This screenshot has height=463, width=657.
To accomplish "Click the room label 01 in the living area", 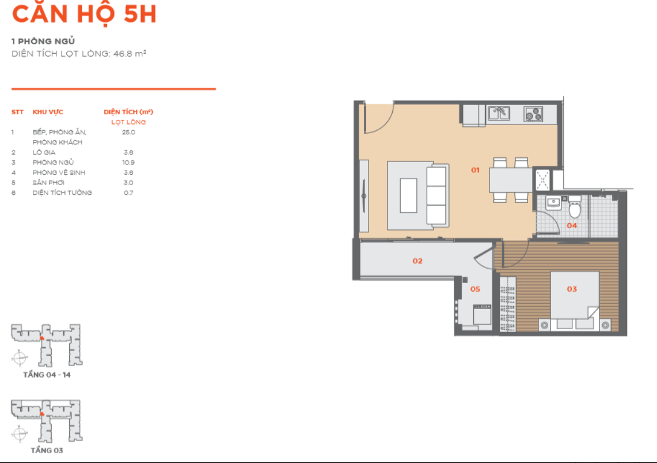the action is (475, 170).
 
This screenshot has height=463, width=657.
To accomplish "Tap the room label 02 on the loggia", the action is (417, 261).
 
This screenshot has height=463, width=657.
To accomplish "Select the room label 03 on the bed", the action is (572, 289).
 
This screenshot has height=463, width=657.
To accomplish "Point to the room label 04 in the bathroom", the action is (572, 225).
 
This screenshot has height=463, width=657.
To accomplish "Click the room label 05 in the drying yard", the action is (475, 289).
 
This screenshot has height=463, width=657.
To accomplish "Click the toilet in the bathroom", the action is (575, 206).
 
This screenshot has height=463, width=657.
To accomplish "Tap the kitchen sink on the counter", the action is (499, 113).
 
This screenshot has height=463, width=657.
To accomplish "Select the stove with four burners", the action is (533, 114).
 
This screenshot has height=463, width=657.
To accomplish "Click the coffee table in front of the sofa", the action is (408, 195).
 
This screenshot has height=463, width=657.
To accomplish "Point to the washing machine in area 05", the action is (482, 315).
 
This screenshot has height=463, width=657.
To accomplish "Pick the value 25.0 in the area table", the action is (128, 132).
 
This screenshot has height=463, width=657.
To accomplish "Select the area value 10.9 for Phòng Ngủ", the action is (128, 162).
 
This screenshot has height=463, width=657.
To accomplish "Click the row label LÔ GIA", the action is (44, 152).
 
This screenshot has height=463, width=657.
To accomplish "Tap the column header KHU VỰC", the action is (48, 112).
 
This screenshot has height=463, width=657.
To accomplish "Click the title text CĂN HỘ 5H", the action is (84, 13).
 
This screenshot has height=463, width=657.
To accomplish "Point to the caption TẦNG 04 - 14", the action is (47, 375).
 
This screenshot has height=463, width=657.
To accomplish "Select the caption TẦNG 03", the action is (47, 450).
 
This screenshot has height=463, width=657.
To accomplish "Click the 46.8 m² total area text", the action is (130, 54).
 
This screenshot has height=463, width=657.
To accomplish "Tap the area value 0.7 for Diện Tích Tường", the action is (128, 193).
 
